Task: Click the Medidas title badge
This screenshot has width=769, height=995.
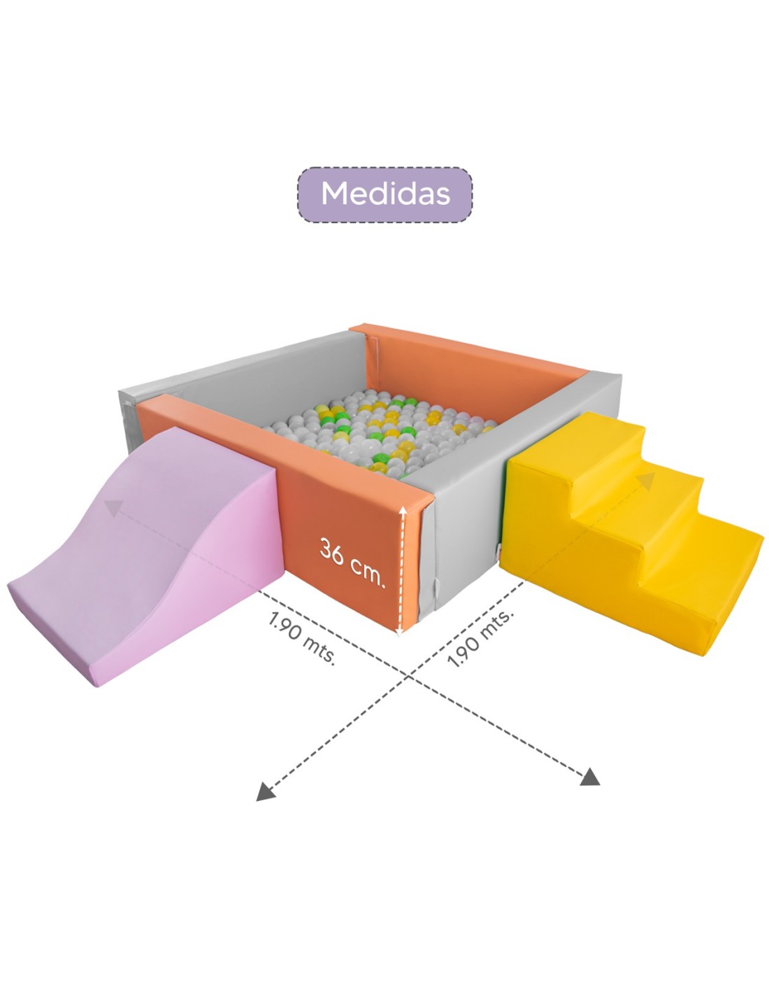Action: click(x=385, y=194)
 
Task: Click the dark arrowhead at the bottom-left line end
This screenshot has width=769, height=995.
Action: click(x=264, y=791)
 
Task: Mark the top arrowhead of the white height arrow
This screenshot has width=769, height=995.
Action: click(x=403, y=513)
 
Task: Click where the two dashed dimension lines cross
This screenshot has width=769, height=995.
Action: click(x=408, y=677)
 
